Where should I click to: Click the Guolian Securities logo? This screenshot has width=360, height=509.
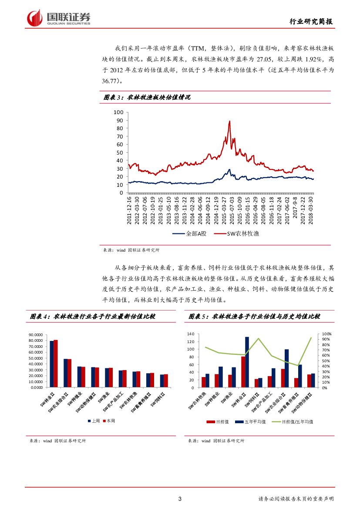click(58, 18)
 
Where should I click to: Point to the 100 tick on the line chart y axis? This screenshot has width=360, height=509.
click(119, 112)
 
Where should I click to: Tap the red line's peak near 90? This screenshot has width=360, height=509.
click(229, 122)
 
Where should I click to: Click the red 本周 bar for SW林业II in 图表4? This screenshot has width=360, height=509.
click(56, 363)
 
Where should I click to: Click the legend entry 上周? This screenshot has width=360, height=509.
click(95, 421)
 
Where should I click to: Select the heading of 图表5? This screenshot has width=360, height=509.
click(254, 317)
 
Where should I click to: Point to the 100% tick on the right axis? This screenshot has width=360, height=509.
click(326, 334)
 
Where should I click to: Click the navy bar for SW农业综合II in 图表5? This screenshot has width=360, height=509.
click(286, 368)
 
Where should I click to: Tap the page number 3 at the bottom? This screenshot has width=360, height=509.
click(180, 499)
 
